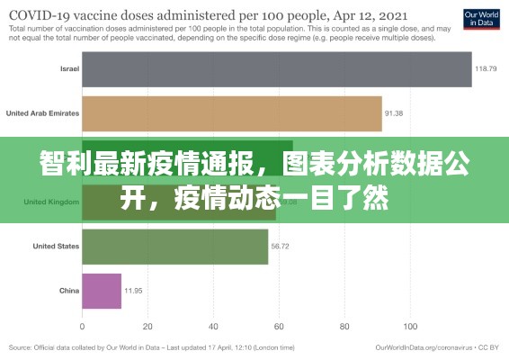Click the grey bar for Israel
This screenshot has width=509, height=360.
point(277,69)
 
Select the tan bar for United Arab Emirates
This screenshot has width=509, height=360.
point(232,113)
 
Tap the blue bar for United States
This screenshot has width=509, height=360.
point(175,247)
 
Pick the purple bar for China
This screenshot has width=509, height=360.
point(102,291)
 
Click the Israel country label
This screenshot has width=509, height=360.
point(69,69)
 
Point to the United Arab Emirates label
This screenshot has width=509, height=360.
point(42,113)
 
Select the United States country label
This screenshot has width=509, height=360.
point(56,247)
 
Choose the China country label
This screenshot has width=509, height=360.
point(69,291)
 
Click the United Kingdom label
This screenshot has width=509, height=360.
point(51,202)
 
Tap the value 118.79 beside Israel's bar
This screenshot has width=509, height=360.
point(487,69)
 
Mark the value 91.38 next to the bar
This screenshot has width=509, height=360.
point(394,113)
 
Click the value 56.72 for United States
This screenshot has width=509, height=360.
point(281,247)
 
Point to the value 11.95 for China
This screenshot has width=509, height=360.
point(133,291)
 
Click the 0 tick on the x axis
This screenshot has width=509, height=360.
point(82,326)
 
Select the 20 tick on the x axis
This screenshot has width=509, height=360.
point(148,326)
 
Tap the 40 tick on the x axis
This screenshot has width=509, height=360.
point(214,326)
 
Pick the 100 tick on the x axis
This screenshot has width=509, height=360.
point(411,326)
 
